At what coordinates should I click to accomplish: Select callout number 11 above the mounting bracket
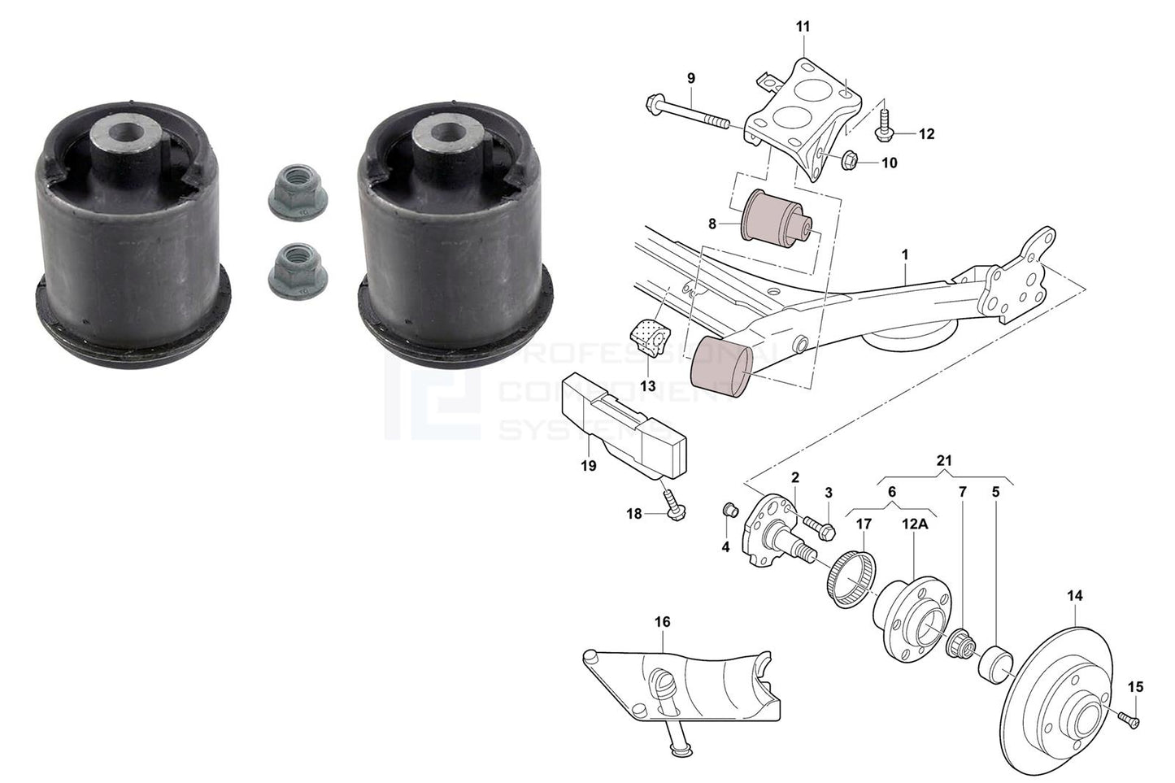click(x=803, y=28)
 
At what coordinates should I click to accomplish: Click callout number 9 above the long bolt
click(x=691, y=79)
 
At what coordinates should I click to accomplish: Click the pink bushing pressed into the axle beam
click(x=720, y=368)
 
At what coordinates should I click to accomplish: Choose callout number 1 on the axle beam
click(x=904, y=255)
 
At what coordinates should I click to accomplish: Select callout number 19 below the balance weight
click(x=589, y=466)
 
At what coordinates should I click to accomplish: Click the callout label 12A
click(x=913, y=524)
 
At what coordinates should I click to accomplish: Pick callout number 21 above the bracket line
click(x=943, y=461)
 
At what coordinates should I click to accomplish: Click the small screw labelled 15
click(x=1127, y=717)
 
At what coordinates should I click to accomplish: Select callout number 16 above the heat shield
click(x=663, y=622)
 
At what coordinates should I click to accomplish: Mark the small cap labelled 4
click(x=729, y=510)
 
